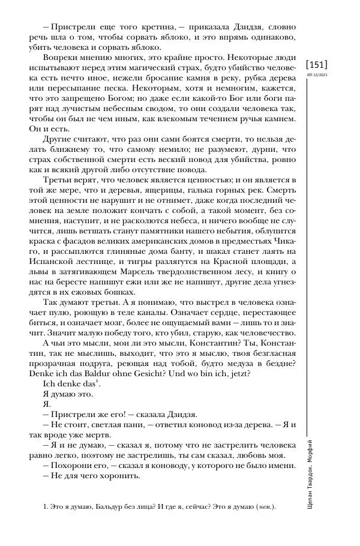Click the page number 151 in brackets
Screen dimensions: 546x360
click(x=317, y=64)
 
